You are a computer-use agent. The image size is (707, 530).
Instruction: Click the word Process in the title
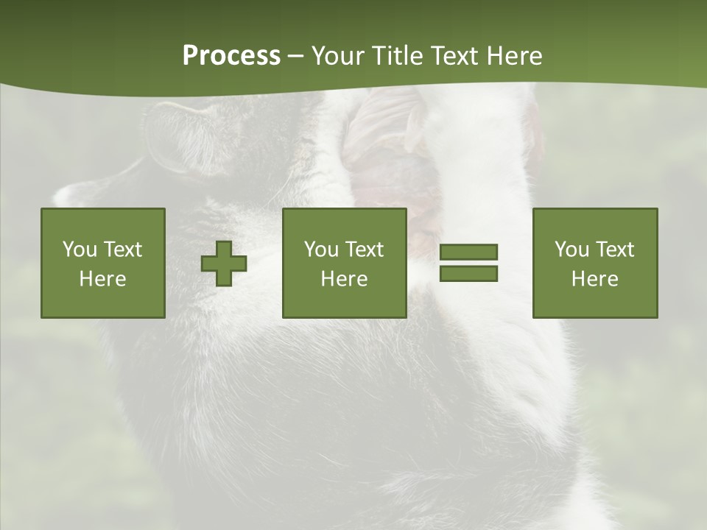[231, 56]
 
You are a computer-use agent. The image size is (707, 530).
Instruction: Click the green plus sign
[224, 264]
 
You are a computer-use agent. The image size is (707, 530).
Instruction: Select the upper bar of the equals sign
[468, 252]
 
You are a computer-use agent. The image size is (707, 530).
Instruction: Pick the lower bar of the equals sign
[468, 273]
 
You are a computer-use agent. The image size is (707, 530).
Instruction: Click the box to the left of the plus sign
[102, 263]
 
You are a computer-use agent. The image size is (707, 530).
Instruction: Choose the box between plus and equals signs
[344, 263]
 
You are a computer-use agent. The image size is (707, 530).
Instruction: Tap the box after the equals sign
[594, 263]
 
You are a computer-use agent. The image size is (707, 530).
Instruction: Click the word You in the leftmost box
[79, 250]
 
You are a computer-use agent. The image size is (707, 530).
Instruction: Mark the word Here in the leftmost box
[102, 279]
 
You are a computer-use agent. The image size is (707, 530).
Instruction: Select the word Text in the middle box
[364, 250]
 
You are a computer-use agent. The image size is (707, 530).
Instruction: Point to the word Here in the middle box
[344, 279]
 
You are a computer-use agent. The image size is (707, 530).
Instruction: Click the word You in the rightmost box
[571, 250]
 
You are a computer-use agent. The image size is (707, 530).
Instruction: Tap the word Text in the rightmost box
[614, 250]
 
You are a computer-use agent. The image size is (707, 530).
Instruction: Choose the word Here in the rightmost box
[594, 279]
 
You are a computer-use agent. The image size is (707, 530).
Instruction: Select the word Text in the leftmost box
[122, 250]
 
